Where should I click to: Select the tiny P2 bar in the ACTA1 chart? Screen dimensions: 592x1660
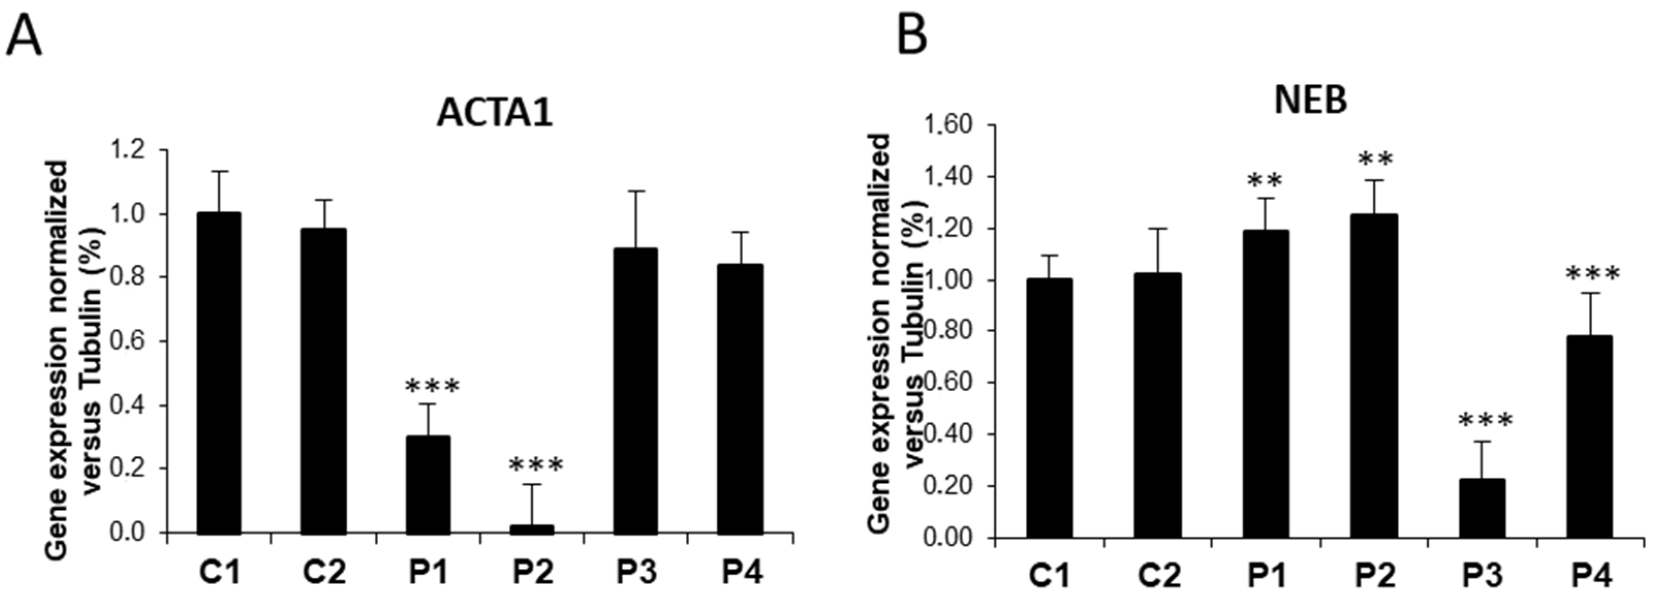pos(532,529)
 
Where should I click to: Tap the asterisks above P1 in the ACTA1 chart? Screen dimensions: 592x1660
pos(432,387)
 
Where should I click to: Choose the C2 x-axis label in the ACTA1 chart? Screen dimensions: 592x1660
pos(324,572)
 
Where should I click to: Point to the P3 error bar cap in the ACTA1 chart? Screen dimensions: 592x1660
pos(635,191)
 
